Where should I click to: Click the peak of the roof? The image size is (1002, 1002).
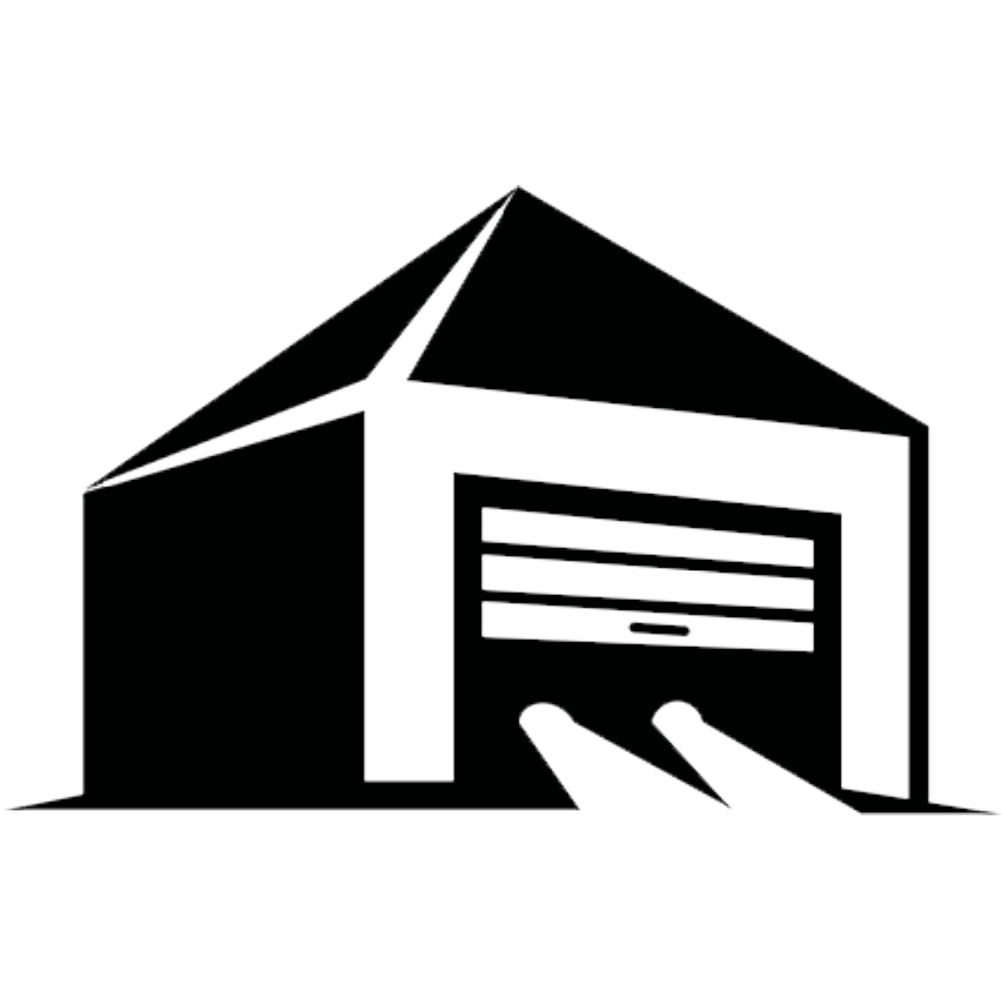point(517,187)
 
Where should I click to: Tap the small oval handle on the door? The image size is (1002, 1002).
point(659,629)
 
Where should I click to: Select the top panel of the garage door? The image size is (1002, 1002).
point(647,537)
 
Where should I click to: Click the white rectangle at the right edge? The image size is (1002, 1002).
point(974,535)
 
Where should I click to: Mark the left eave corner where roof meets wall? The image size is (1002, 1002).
point(83,490)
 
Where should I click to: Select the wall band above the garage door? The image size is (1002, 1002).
point(649,451)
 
